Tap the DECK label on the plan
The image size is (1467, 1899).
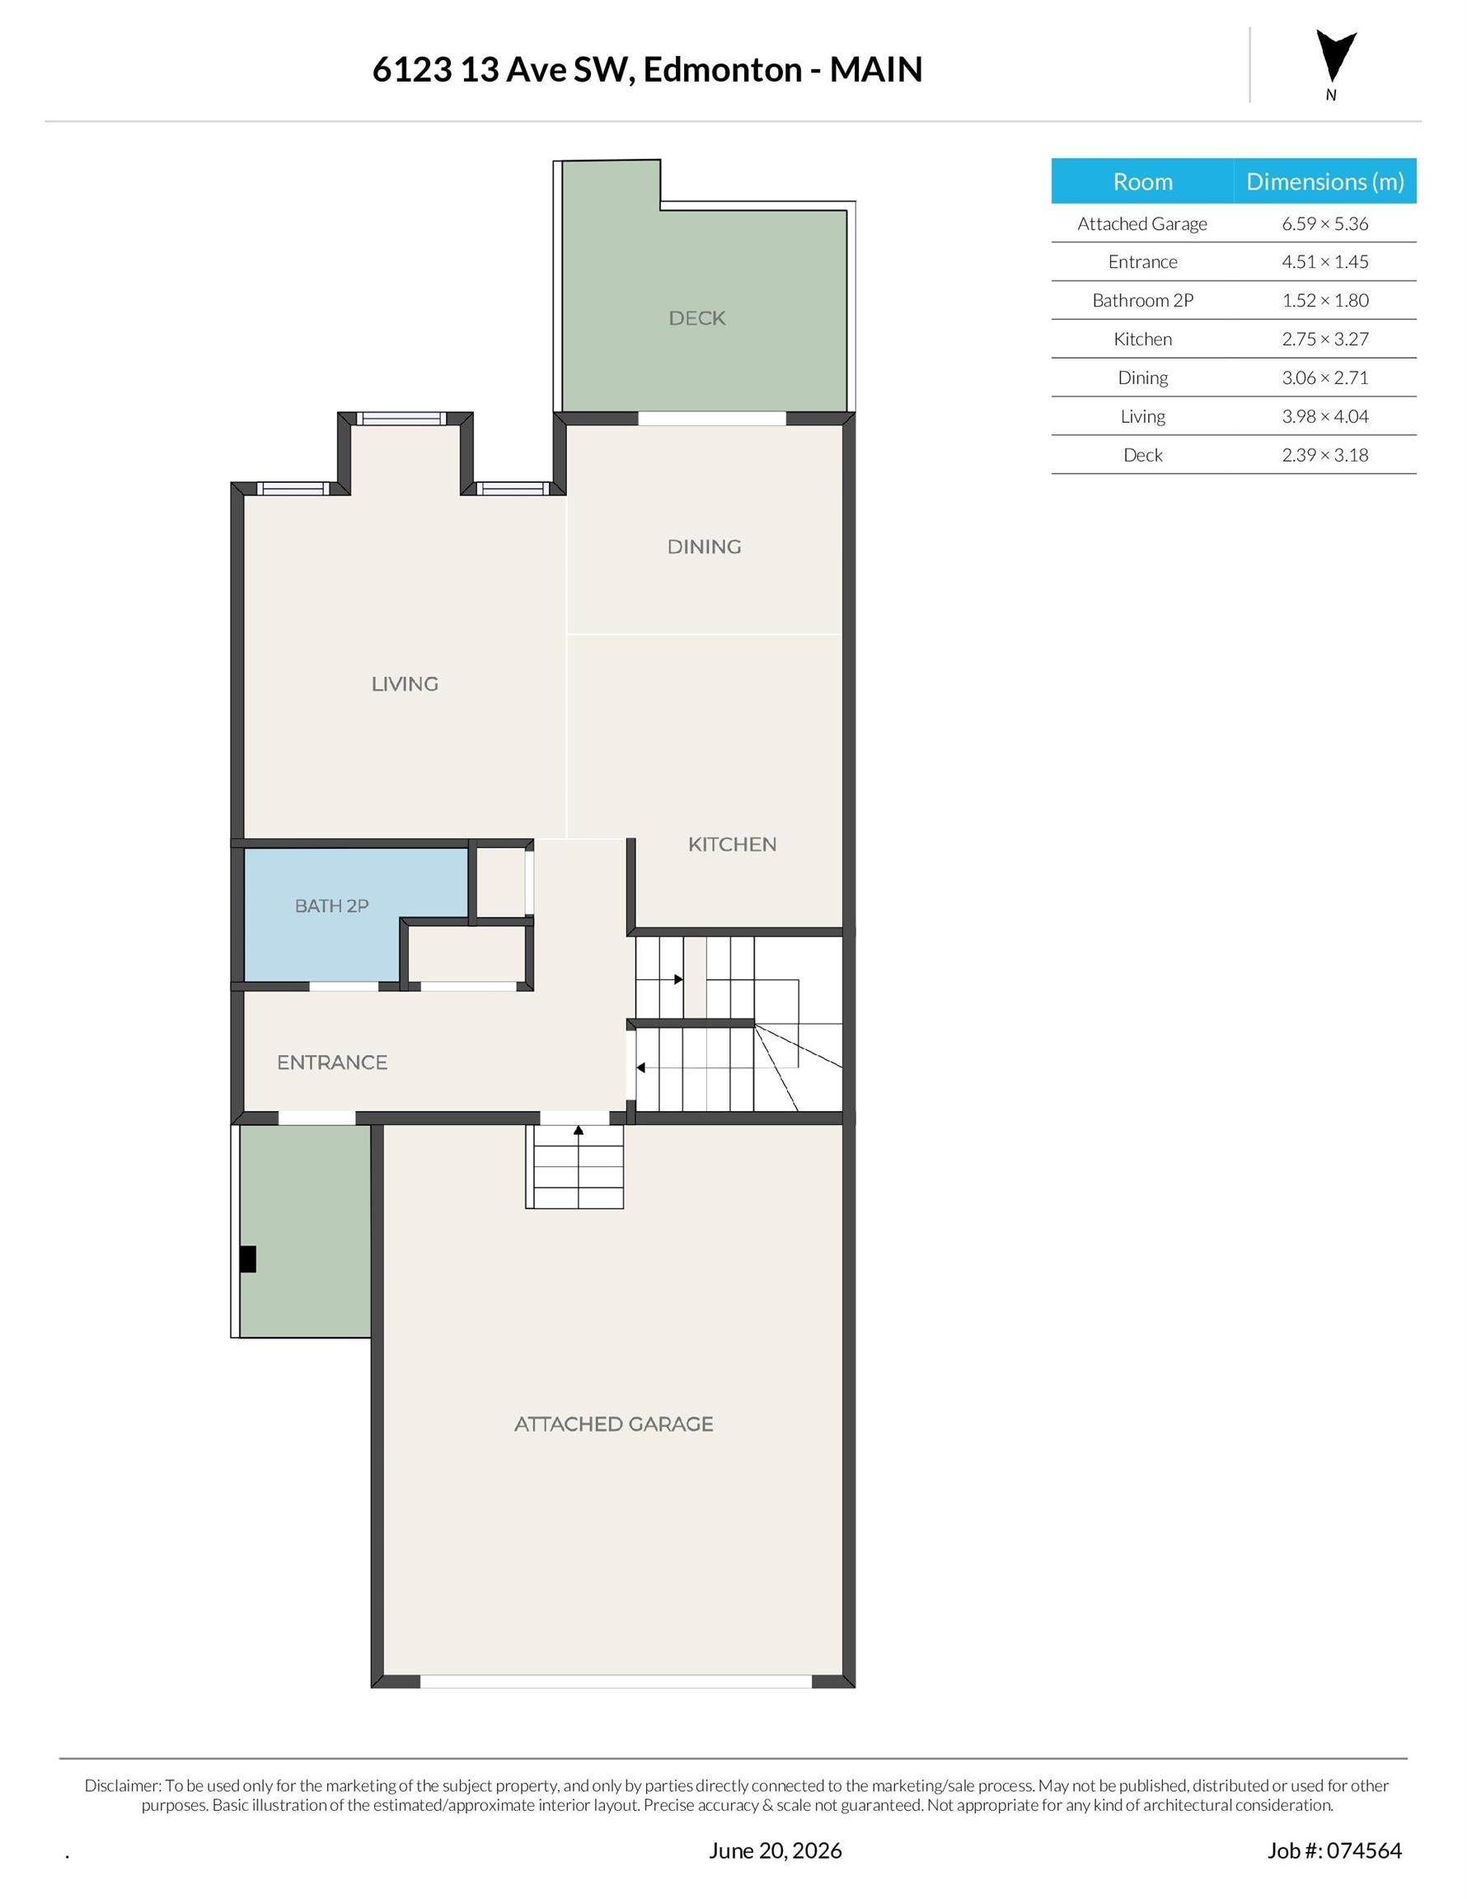click(x=696, y=318)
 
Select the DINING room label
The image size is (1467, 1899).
click(x=704, y=547)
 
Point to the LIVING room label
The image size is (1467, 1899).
click(x=405, y=684)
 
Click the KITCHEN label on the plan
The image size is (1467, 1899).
click(x=732, y=844)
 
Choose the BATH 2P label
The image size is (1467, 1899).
click(x=331, y=906)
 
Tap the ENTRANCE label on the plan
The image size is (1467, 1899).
click(x=332, y=1062)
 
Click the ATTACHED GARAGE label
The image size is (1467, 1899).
click(x=613, y=1424)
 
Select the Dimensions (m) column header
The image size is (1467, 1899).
click(x=1324, y=181)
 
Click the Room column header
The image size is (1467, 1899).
click(x=1142, y=181)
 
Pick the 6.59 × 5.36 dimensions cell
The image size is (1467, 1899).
click(x=1324, y=223)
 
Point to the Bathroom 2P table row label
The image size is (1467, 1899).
click(x=1142, y=301)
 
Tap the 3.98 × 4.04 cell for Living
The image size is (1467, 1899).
click(x=1324, y=416)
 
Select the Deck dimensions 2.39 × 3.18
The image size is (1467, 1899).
click(x=1324, y=455)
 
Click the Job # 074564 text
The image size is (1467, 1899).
click(x=1334, y=1850)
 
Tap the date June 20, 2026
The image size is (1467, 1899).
click(x=775, y=1850)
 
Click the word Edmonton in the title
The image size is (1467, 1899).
click(x=722, y=69)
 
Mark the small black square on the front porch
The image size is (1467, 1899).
click(x=248, y=1259)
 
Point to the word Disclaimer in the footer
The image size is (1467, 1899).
click(x=122, y=1785)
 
